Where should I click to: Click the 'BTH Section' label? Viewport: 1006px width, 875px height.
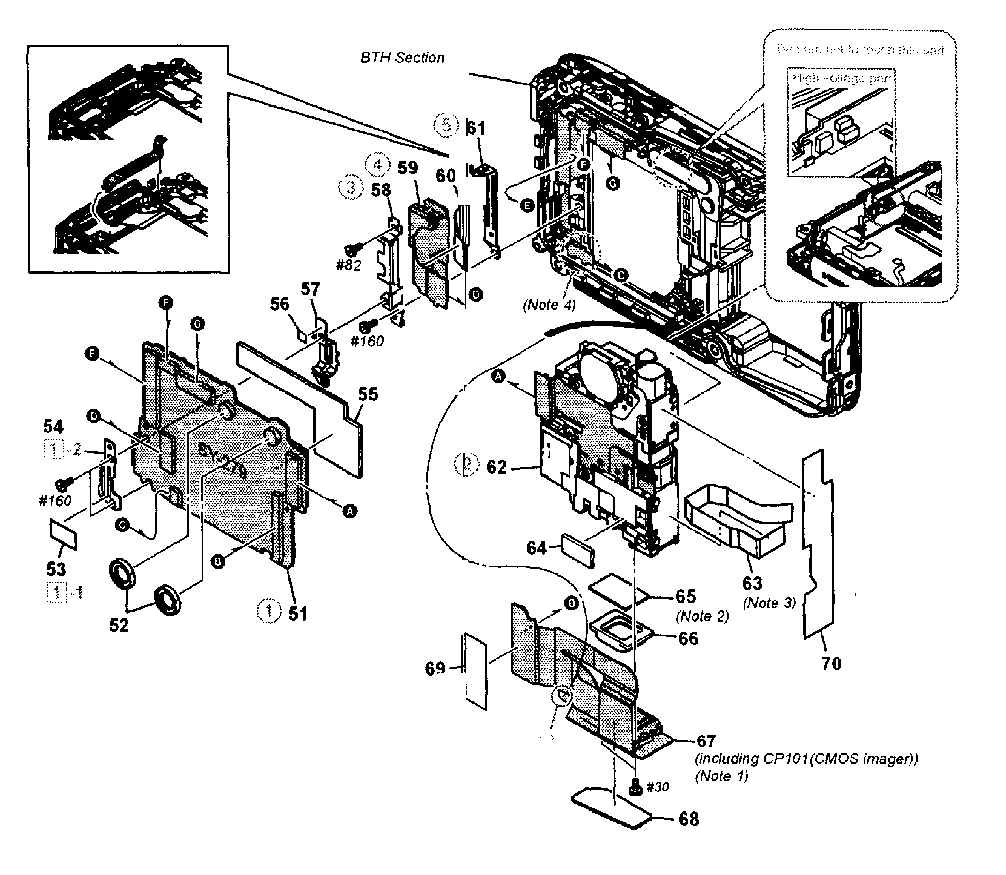pyautogui.click(x=402, y=58)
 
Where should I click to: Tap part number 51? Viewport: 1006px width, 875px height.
pyautogui.click(x=298, y=614)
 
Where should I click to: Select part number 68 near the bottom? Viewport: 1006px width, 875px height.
pyautogui.click(x=688, y=819)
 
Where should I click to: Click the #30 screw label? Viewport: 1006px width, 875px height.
pyautogui.click(x=657, y=787)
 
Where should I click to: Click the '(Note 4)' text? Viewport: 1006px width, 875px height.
pyautogui.click(x=549, y=305)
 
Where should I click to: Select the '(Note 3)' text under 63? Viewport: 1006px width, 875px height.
pyautogui.click(x=769, y=603)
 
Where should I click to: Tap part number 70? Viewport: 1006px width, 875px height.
pyautogui.click(x=831, y=664)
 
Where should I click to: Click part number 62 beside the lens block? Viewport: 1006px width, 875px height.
pyautogui.click(x=497, y=467)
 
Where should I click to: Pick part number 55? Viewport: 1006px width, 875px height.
pyautogui.click(x=368, y=394)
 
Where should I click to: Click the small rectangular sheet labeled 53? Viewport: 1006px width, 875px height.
pyautogui.click(x=64, y=534)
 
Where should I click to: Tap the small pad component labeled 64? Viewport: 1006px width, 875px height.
pyautogui.click(x=579, y=551)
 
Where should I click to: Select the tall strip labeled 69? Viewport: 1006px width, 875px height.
pyautogui.click(x=476, y=671)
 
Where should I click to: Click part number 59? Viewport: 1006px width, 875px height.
pyautogui.click(x=408, y=168)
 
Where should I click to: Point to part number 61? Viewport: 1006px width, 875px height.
pyautogui.click(x=476, y=128)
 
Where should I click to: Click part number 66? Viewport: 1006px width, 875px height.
pyautogui.click(x=688, y=638)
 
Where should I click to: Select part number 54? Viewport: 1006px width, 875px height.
pyautogui.click(x=53, y=426)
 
